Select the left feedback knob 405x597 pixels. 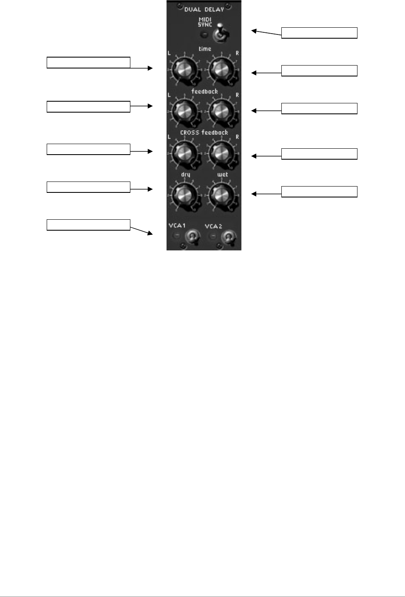185,111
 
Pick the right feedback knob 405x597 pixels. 221,111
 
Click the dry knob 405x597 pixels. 185,195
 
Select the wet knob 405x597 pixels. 221,195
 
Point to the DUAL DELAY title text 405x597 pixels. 204,9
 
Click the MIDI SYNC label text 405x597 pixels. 205,22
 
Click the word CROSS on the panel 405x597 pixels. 189,133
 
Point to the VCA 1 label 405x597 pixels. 177,226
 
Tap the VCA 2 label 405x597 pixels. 213,226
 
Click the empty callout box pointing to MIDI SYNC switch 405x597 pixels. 319,33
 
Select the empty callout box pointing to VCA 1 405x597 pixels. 88,225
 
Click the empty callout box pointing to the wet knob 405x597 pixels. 319,192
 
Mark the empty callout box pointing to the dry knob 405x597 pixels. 88,187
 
